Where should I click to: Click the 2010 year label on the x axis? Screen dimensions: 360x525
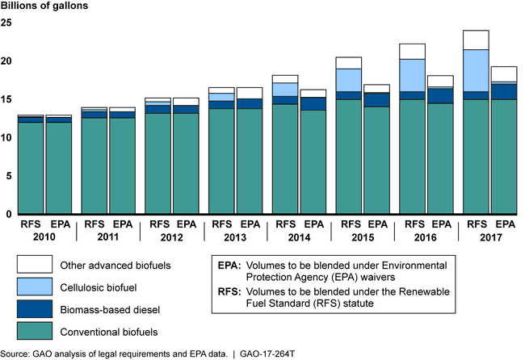coord(43,238)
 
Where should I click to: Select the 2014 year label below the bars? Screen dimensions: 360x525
coord(298,238)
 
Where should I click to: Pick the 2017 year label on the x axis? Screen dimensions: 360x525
coord(489,238)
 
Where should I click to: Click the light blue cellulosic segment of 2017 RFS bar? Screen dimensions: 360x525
coord(476,70)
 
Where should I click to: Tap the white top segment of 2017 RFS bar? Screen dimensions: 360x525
coord(476,40)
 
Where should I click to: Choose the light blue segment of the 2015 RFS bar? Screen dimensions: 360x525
coord(348,80)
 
